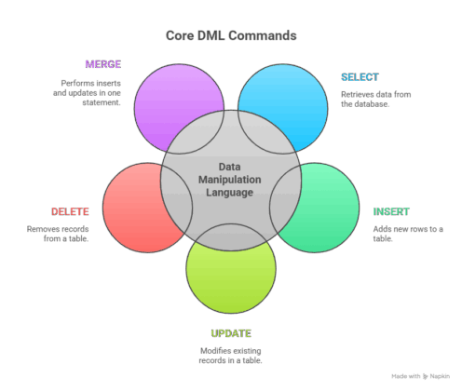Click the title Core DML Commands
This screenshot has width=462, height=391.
[x=231, y=35]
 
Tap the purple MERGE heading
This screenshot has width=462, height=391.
[x=103, y=64]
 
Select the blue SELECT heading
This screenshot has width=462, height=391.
[x=360, y=77]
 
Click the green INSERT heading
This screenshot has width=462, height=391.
[x=391, y=211]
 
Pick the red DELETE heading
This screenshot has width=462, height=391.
[x=70, y=211]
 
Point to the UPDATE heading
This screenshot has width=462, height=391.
[x=231, y=333]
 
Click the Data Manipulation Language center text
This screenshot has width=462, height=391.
[x=230, y=180]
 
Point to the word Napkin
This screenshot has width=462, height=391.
[x=440, y=376]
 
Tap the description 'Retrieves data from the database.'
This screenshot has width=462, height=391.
[x=375, y=99]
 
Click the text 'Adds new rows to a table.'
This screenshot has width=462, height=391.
[x=408, y=234]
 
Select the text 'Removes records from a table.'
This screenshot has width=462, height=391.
[x=58, y=234]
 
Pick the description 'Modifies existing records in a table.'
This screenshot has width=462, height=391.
[x=230, y=356]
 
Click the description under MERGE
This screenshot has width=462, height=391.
[x=87, y=93]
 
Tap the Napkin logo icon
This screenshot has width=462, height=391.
[x=426, y=376]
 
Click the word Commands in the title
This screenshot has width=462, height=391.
[x=263, y=35]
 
